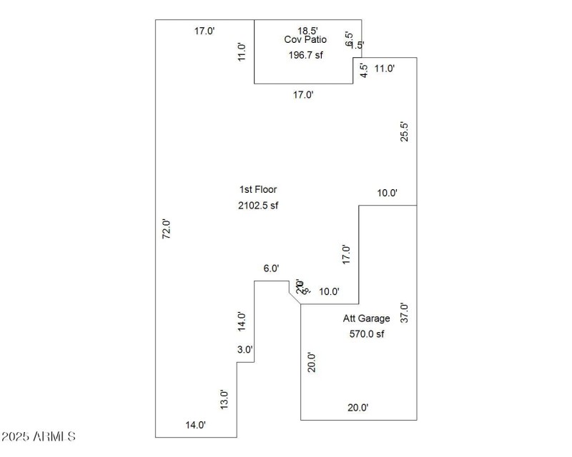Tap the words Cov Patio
tap(305, 40)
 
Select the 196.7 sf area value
tap(305, 55)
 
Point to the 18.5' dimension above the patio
tap(307, 30)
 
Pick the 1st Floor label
tap(258, 190)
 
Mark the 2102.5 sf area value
tap(258, 206)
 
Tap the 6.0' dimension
tap(271, 268)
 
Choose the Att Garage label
tap(367, 318)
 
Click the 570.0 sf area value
tap(367, 333)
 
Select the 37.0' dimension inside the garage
tap(404, 314)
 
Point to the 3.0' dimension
tap(245, 349)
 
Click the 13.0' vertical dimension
tap(224, 399)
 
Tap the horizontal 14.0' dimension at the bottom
tap(196, 425)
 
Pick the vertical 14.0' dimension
tap(242, 322)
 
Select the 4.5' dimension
tap(363, 71)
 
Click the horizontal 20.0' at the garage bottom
tap(357, 408)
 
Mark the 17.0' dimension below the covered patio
tap(303, 94)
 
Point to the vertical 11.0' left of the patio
tap(242, 53)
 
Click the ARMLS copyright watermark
tap(39, 436)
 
